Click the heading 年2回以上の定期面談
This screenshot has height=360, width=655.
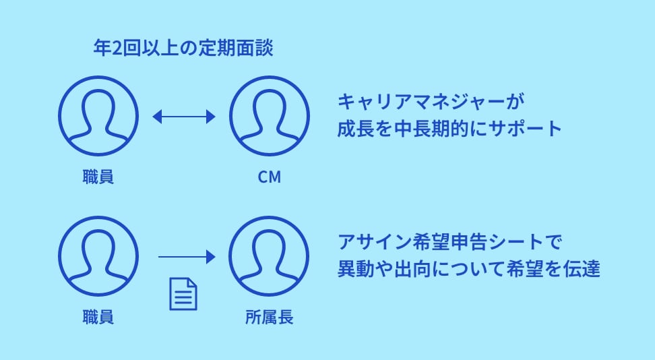point(183,49)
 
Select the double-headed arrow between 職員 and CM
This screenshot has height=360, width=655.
point(183,117)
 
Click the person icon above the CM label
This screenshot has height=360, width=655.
point(269,116)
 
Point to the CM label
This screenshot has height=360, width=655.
point(269,177)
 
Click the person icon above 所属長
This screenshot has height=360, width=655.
point(269,257)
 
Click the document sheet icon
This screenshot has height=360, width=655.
point(183,295)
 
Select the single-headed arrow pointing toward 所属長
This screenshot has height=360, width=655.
point(186,257)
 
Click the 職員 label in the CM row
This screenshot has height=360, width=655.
point(98,177)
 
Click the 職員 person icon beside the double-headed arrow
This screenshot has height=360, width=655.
point(98,116)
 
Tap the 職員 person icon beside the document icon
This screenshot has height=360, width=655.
point(98,257)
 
